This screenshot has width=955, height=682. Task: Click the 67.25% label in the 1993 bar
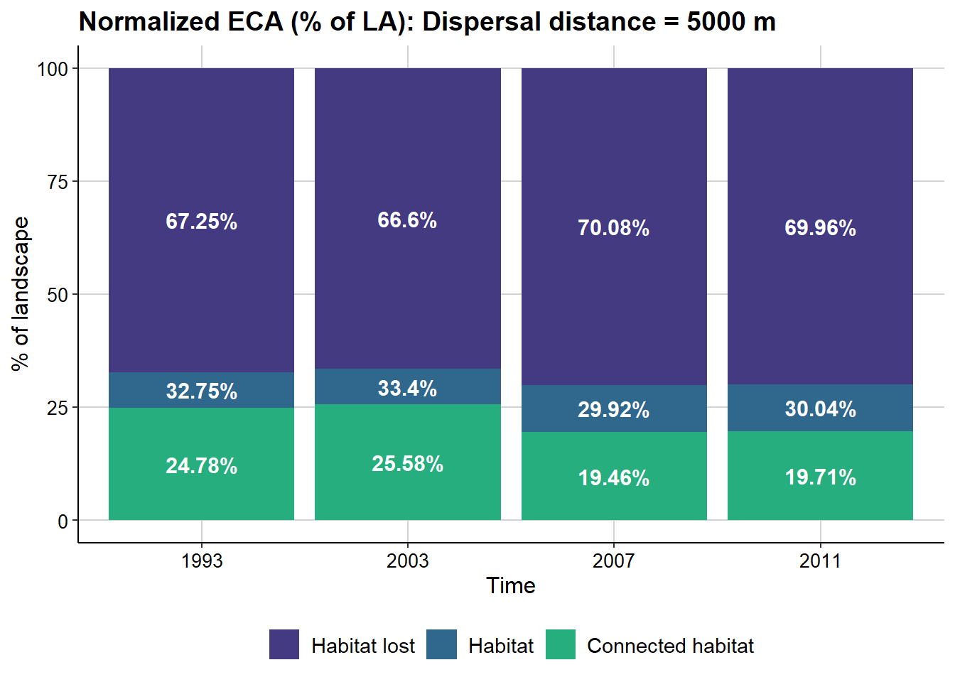point(201,222)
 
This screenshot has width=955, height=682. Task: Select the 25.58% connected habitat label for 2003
point(407,464)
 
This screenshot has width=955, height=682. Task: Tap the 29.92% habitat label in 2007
point(613,410)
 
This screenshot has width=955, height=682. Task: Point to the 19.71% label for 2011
point(820,477)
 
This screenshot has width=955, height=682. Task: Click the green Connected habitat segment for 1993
point(201,497)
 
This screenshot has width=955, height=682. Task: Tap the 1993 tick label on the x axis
point(201,561)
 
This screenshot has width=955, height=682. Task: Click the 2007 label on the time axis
point(613,561)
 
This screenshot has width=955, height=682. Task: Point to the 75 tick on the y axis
point(58,182)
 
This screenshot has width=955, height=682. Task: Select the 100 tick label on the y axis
point(53,69)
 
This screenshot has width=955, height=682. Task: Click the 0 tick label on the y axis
point(63,521)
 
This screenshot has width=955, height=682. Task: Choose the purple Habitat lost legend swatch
point(284,644)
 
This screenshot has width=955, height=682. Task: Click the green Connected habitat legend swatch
point(561,644)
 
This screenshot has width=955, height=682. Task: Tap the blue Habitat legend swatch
point(441,644)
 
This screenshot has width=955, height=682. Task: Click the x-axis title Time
point(510,585)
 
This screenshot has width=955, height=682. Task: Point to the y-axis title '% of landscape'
point(21,293)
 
